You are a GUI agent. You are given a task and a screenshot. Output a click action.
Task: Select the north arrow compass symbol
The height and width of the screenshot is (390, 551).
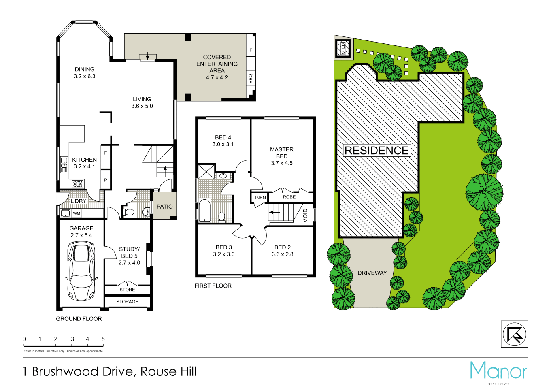[514, 334]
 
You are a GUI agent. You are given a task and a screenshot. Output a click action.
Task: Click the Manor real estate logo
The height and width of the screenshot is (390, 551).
[498, 371]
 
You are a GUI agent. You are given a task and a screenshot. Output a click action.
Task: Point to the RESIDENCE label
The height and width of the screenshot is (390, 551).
[377, 151]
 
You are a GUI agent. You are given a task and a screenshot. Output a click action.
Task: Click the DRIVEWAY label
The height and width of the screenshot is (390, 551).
[372, 273]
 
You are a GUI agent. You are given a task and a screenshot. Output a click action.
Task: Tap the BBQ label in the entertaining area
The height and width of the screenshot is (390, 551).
[251, 78]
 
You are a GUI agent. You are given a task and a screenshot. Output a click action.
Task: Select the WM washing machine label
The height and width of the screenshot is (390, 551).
[77, 213]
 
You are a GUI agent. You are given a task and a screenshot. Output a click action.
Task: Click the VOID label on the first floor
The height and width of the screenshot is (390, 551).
[306, 215]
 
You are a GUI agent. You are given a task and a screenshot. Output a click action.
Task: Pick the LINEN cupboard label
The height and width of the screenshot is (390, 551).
[259, 198]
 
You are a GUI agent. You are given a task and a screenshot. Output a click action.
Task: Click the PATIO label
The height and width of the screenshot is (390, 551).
[165, 207]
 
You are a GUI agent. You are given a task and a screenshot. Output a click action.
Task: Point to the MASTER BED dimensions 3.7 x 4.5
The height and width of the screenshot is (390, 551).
[282, 163]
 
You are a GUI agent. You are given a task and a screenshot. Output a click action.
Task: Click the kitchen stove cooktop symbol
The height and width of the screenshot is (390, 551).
[78, 184]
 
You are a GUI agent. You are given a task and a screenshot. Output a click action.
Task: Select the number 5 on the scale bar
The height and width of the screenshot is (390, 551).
[103, 339]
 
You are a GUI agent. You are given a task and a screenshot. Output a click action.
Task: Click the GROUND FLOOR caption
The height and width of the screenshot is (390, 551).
[79, 319]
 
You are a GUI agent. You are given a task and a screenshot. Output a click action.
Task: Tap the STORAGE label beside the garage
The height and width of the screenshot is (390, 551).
[127, 302]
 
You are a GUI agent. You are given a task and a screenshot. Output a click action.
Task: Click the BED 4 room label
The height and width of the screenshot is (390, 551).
[223, 138]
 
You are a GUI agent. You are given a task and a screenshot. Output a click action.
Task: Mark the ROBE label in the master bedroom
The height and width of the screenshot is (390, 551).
[289, 197]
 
